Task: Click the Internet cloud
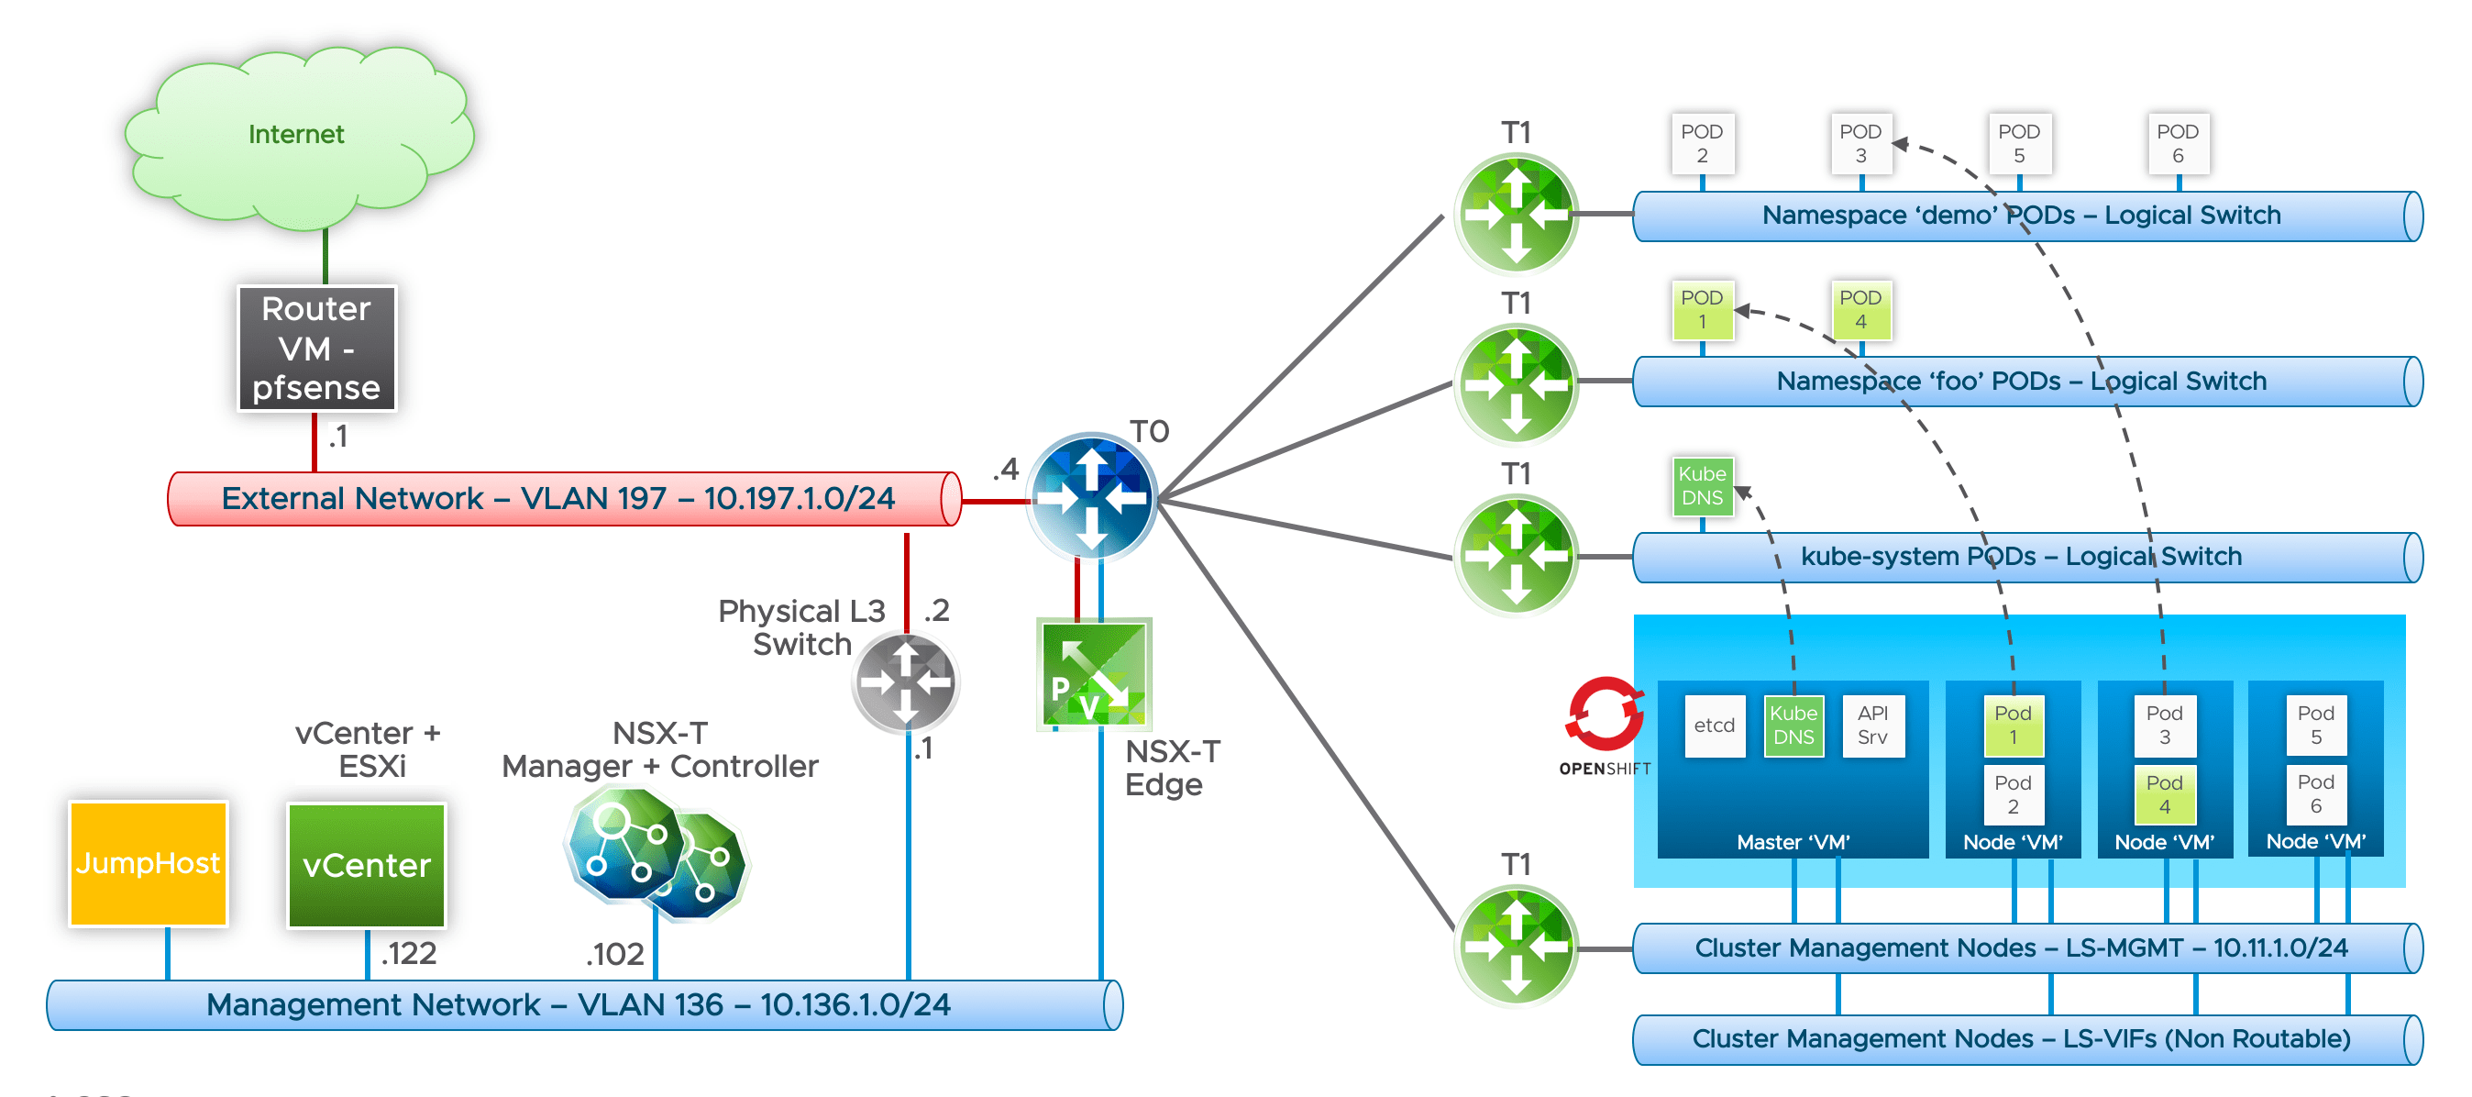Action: (x=297, y=134)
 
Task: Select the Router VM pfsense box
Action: (x=316, y=348)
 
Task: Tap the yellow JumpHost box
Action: (x=149, y=863)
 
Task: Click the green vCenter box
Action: (x=367, y=865)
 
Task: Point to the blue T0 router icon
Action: (x=1091, y=497)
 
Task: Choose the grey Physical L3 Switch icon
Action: (x=905, y=681)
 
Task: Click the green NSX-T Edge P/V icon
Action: (x=1094, y=674)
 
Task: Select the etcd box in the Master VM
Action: (x=1714, y=726)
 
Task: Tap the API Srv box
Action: (x=1872, y=726)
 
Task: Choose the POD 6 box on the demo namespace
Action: (x=2178, y=144)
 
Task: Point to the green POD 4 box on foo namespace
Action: (x=1860, y=310)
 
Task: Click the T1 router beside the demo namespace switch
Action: (x=1516, y=213)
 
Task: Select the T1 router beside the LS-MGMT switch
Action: (x=1516, y=946)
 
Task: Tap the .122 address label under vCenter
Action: (x=409, y=953)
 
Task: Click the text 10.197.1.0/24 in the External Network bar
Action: (x=799, y=498)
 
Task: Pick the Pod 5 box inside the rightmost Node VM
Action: (x=2315, y=726)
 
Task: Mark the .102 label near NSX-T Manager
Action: (x=615, y=954)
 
